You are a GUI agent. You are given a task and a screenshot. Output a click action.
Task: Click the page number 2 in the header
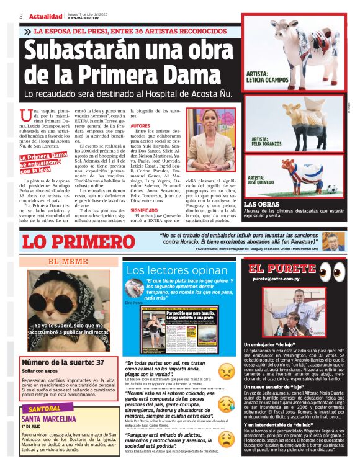click(21, 16)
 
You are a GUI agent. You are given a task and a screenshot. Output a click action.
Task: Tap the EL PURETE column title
click(282, 269)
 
